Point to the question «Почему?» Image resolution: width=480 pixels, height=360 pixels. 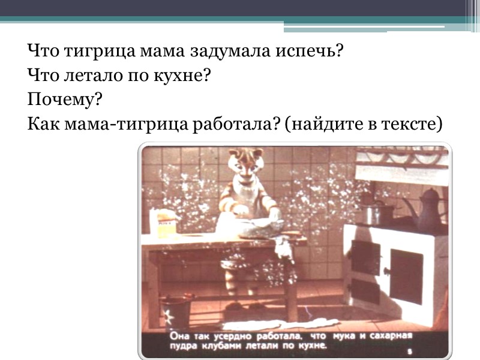62,100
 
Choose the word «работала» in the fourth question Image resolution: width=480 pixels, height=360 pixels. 231,124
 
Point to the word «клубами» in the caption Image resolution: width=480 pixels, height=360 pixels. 218,346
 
